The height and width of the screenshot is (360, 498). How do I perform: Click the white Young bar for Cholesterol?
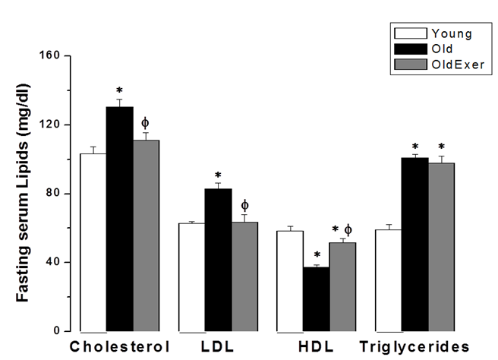click(93, 242)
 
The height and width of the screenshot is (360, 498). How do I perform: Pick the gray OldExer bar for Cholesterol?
click(146, 235)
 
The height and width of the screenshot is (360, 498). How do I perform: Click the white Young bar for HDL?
click(289, 281)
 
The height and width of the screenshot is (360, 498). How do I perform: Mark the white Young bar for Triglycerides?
click(388, 280)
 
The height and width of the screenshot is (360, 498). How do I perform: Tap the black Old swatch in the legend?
click(409, 49)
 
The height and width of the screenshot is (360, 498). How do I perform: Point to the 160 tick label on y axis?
click(55, 56)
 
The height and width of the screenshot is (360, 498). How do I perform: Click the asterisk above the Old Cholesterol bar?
click(119, 91)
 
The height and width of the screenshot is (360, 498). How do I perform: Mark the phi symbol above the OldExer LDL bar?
click(244, 205)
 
